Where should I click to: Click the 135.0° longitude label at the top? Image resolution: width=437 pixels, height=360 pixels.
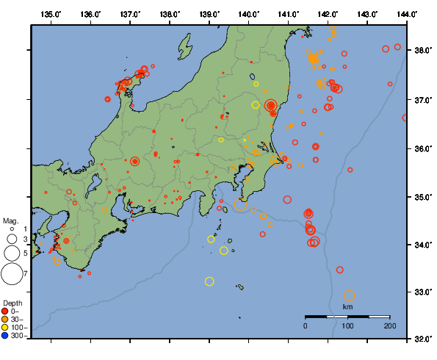[x=51, y=14]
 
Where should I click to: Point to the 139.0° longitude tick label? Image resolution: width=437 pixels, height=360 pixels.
[x=209, y=14]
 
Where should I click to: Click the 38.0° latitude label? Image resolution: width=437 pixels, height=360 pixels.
[x=422, y=51]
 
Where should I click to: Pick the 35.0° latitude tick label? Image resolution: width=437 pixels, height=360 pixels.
[x=422, y=197]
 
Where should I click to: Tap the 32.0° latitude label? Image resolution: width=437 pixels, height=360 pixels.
[x=422, y=339]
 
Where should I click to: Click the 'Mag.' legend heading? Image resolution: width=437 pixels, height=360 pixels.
[x=10, y=220]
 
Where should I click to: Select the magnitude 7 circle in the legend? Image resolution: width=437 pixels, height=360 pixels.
[x=11, y=274]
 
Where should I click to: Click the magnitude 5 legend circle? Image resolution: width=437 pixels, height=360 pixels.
[x=11, y=253]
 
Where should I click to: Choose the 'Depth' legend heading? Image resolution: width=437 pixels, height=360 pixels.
[x=12, y=303]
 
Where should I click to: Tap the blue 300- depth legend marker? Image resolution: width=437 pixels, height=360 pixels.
[x=7, y=335]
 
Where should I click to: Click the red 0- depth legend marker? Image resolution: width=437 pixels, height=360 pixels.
[x=7, y=312]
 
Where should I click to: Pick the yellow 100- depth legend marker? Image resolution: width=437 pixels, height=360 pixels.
[x=7, y=327]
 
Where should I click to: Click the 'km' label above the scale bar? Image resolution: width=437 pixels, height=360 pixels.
[x=347, y=306]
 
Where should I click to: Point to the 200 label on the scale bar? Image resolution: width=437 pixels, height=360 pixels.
[x=389, y=325]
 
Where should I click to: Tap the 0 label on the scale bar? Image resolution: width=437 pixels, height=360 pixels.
[x=306, y=325]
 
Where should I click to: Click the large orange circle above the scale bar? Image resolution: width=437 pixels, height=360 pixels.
[x=350, y=295]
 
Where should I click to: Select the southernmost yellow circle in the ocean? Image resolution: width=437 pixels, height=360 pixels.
[x=209, y=281]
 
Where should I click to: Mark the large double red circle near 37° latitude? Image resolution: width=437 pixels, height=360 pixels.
[x=270, y=106]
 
